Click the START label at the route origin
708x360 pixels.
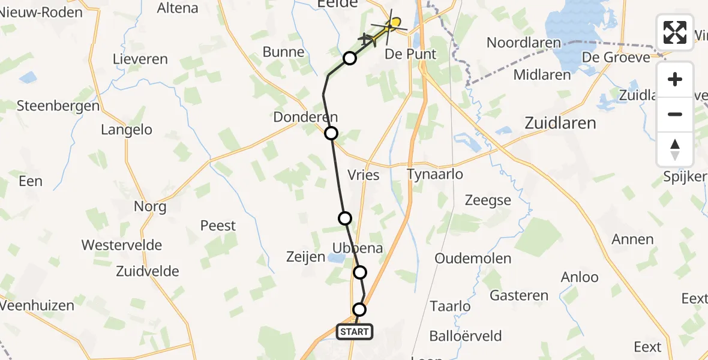355,331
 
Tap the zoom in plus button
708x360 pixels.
675,80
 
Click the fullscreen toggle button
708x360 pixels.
675,32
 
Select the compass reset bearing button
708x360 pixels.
675,149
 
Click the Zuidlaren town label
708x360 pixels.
560,123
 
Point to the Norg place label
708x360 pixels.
150,206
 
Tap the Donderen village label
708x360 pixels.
305,117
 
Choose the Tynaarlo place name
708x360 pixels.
435,174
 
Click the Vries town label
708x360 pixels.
364,175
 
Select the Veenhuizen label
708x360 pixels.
37,305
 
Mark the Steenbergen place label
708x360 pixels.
58,106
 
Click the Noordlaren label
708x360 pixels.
524,43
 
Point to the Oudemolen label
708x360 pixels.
473,259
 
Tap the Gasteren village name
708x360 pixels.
519,295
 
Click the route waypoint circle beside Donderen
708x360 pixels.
331,133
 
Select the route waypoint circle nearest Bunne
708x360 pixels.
350,58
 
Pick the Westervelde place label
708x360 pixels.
122,245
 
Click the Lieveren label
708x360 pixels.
140,59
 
